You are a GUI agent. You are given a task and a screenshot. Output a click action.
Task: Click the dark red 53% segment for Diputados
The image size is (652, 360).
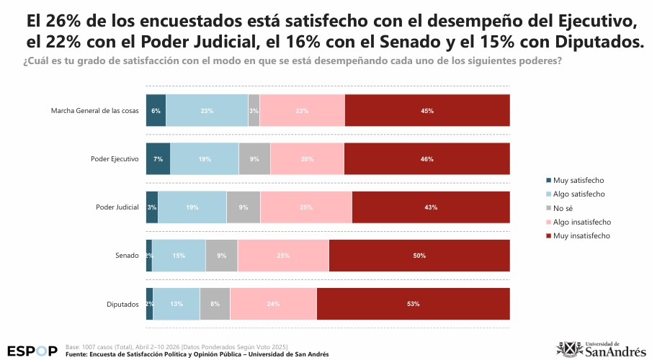pyautogui.click(x=413, y=304)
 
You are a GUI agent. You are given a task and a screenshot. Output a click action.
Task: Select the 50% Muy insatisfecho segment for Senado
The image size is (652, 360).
pyautogui.click(x=419, y=256)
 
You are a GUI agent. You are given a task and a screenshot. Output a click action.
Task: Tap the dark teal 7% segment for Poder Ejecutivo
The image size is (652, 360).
pyautogui.click(x=158, y=159)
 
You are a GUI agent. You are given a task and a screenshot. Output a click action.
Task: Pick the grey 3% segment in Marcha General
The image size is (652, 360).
pyautogui.click(x=254, y=111)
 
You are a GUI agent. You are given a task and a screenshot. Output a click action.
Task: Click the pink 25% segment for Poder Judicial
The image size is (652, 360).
pyautogui.click(x=306, y=207)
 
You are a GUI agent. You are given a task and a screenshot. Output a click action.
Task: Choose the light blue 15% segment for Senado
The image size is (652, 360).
pyautogui.click(x=179, y=256)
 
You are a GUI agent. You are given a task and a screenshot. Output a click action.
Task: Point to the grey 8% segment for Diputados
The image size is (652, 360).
pyautogui.click(x=215, y=304)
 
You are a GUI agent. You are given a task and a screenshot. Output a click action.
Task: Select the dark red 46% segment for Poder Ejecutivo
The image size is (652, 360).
pyautogui.click(x=427, y=159)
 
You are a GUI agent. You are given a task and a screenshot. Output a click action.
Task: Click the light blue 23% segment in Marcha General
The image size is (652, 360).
pyautogui.click(x=207, y=111)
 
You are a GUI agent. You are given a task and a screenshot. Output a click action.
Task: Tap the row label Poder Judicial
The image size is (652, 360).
pyautogui.click(x=117, y=207)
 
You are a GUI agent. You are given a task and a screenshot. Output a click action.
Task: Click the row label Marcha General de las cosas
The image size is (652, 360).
pyautogui.click(x=94, y=111)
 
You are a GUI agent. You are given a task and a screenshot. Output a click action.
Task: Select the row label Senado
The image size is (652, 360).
pyautogui.click(x=127, y=256)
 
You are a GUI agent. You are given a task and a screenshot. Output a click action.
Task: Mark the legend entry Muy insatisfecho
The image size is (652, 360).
pyautogui.click(x=581, y=235)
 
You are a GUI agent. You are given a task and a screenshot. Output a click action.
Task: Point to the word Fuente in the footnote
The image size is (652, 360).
pyautogui.click(x=76, y=354)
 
